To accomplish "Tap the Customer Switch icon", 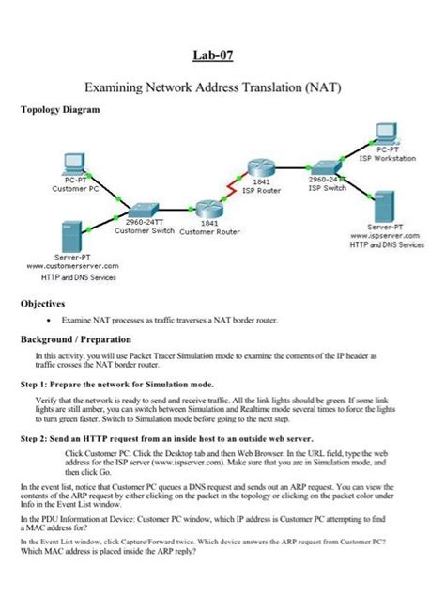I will pos(144,211).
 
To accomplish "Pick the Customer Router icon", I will pos(207,210).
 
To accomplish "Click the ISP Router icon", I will pos(261,166).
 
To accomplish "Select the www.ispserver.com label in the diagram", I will pos(386,236).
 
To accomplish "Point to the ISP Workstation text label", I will pos(388,158).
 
